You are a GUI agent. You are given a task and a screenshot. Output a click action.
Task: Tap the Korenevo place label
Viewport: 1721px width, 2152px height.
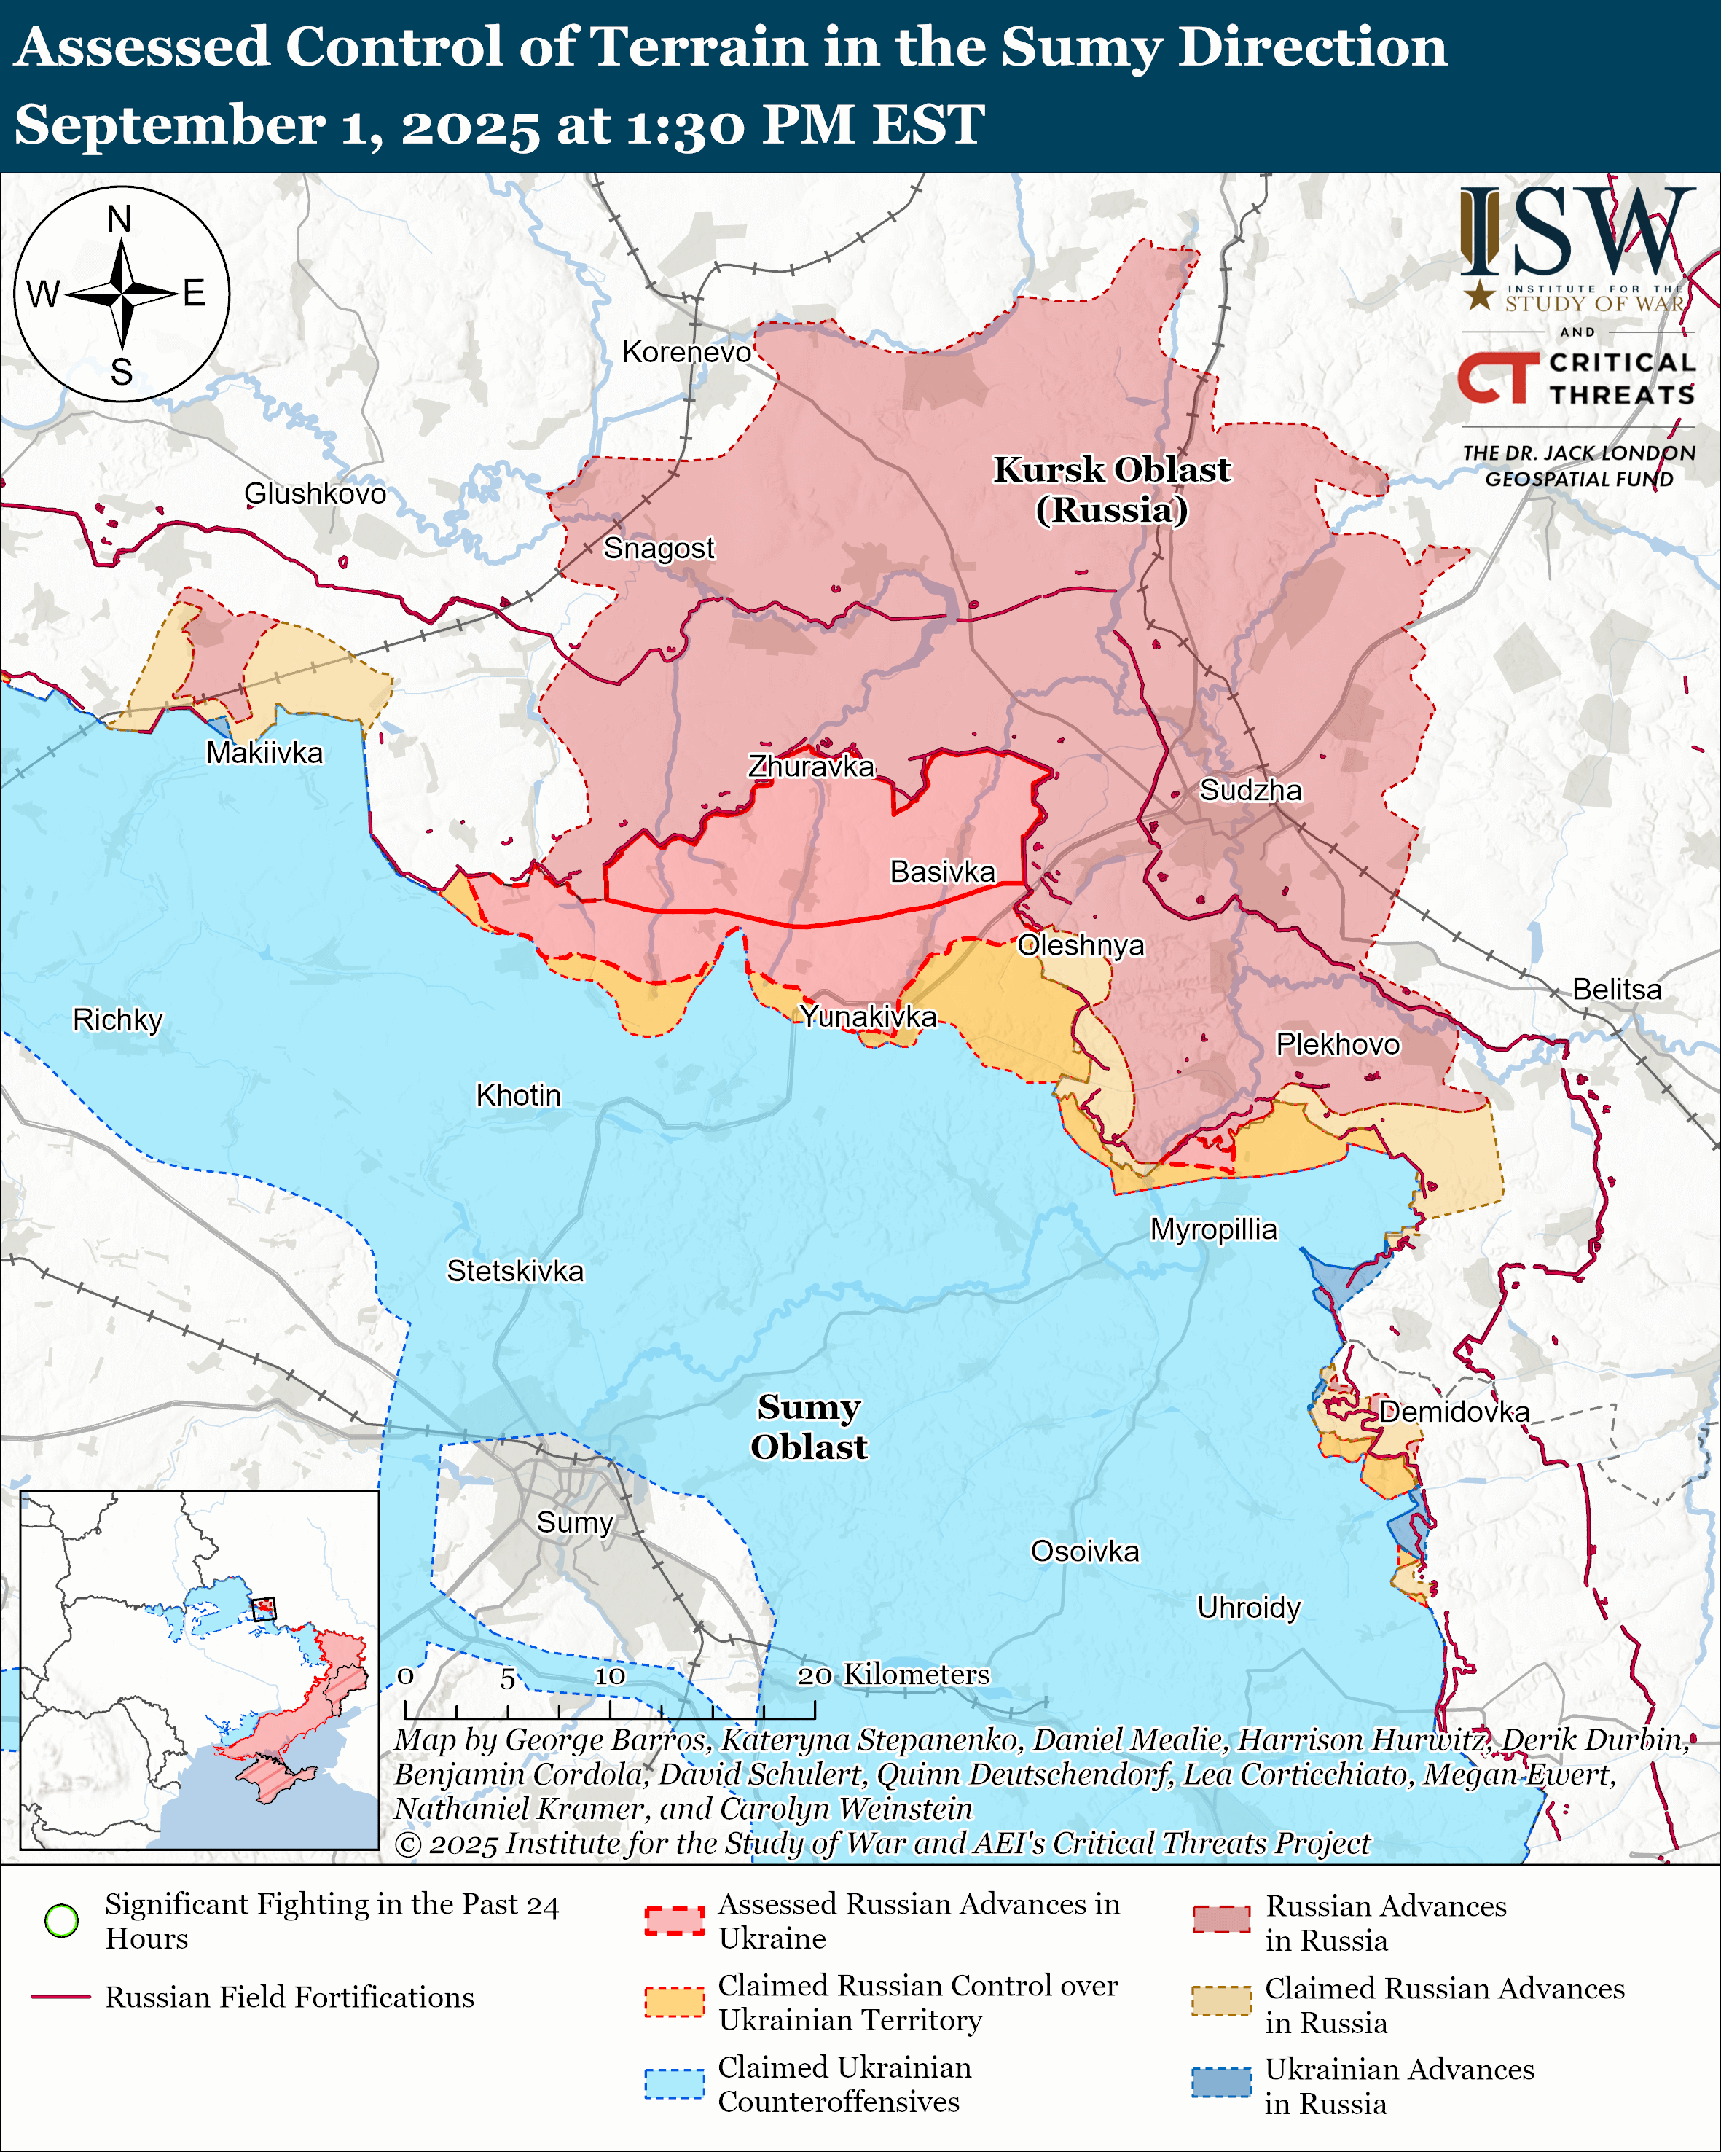[686, 352]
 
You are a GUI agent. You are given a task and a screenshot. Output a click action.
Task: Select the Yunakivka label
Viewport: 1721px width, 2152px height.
[868, 1016]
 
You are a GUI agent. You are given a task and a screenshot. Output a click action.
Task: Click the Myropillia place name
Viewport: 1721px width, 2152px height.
[1213, 1229]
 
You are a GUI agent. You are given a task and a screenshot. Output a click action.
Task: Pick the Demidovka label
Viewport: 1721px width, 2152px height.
[1454, 1412]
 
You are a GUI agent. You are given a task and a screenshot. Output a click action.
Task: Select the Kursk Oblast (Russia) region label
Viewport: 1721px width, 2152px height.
[1111, 489]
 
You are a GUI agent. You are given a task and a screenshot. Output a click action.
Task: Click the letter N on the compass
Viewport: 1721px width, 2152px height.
[119, 219]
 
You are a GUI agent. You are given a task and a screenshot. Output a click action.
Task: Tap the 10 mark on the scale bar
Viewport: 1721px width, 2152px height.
[610, 1676]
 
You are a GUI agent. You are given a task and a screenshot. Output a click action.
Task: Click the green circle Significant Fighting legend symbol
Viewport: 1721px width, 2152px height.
[62, 1920]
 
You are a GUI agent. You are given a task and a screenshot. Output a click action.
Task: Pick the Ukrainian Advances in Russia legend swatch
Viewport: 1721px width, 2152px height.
[1220, 2082]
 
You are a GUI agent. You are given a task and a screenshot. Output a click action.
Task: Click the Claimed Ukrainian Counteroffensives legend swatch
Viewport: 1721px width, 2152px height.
[675, 2083]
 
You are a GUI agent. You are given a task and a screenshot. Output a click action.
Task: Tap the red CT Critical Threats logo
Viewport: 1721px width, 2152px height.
[1497, 377]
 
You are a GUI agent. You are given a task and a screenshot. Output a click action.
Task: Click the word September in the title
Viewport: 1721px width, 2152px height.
[170, 126]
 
